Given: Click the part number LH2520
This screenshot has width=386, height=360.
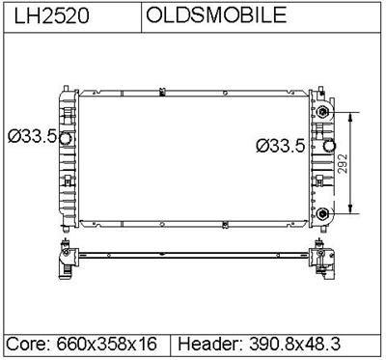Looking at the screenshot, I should pos(45,16).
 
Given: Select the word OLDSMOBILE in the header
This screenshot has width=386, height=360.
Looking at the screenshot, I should pos(214,16).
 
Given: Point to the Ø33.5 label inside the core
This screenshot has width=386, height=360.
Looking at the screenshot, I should pos(281,147).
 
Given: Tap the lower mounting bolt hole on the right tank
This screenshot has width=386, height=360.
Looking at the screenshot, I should pos(321,212).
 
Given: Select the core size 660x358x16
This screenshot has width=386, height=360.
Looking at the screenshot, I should pos(109,345).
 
